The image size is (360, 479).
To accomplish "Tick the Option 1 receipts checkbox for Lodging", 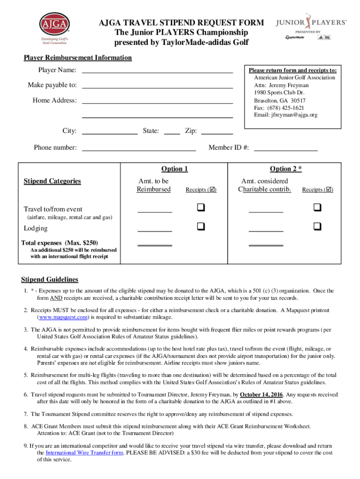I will pyautogui.click(x=201, y=227).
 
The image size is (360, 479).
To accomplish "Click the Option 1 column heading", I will pyautogui.click(x=174, y=169).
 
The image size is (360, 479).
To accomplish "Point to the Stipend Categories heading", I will pyautogui.click(x=52, y=181).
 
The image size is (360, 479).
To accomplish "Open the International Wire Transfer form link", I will pyautogui.click(x=84, y=452).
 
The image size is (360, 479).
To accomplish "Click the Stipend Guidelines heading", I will pyautogui.click(x=50, y=280).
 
